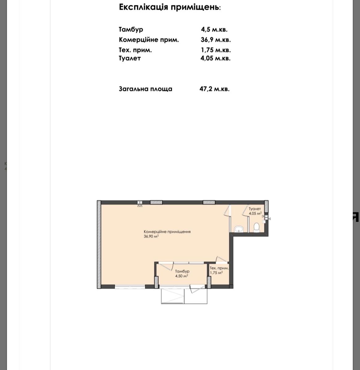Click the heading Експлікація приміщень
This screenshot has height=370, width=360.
coord(170,7)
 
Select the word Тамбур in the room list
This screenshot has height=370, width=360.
coord(131,30)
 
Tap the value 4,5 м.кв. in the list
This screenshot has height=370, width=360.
coord(214,30)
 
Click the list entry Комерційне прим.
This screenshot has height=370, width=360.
coord(149,40)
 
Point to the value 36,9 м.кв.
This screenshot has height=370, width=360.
coord(216,40)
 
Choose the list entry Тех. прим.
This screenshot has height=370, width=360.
coord(135,50)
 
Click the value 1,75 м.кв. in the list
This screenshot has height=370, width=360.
coord(216,50)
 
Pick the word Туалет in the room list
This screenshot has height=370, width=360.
coord(130,58)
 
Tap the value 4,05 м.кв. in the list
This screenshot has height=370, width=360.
coord(216,58)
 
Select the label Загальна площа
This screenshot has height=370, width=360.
coord(145,89)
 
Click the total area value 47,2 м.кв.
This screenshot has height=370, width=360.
coord(215,89)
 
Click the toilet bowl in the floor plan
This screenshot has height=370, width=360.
coord(257,228)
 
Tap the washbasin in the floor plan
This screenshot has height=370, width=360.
coord(239,229)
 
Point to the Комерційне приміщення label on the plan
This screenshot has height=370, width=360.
coord(167,232)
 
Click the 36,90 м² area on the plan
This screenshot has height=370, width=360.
coord(151,236)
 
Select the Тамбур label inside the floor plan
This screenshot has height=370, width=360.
coord(182,271)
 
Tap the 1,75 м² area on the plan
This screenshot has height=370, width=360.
coord(216,273)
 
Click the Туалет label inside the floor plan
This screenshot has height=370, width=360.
coord(255,209)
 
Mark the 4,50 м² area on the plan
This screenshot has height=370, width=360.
coord(182,276)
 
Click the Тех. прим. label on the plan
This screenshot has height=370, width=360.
coord(219,268)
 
